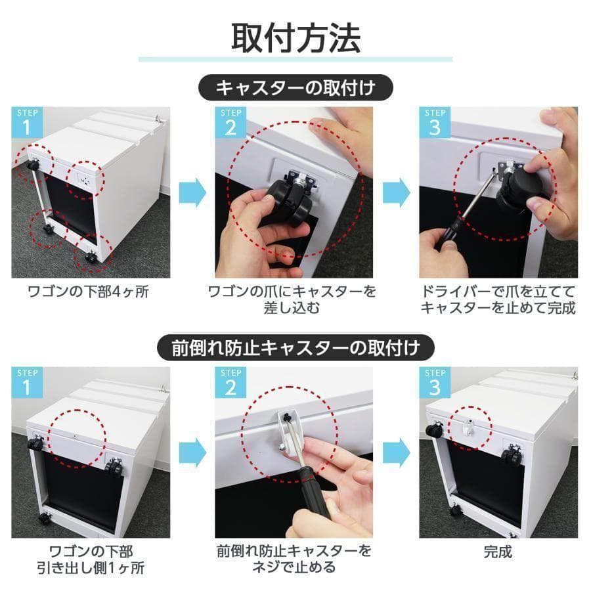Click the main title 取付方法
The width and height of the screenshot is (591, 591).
(295, 38)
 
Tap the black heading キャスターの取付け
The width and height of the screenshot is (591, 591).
(295, 87)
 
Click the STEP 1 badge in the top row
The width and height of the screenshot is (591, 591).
(26, 122)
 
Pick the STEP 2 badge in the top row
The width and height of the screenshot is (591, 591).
(230, 122)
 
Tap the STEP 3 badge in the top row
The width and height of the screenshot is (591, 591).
(435, 122)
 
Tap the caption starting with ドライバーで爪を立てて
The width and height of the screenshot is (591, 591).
(498, 299)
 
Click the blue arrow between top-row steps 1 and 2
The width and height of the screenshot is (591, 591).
(193, 192)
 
